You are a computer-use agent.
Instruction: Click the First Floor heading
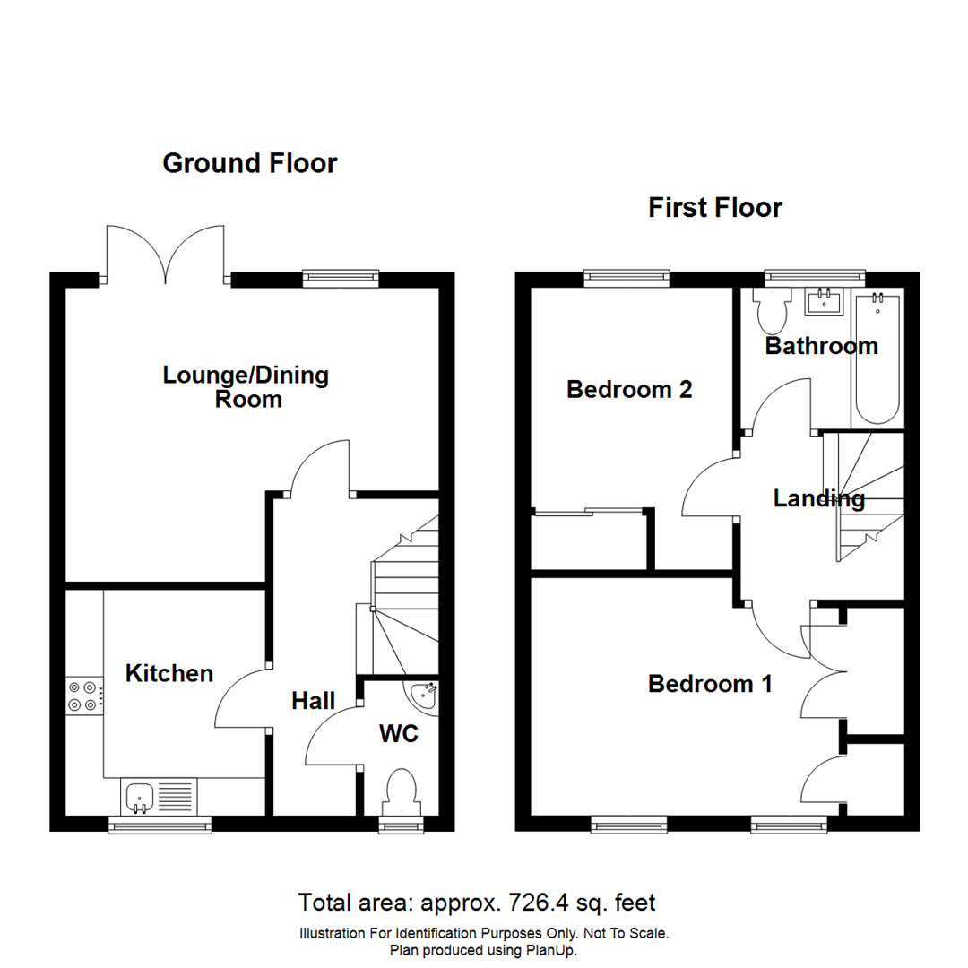click(x=715, y=208)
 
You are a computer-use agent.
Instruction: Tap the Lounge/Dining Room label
click(x=246, y=387)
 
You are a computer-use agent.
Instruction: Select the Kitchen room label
click(x=169, y=673)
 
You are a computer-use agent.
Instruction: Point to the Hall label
click(x=313, y=700)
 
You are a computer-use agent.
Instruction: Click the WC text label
click(x=399, y=734)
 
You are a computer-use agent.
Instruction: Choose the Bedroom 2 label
click(x=629, y=390)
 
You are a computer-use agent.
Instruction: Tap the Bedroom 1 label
click(x=710, y=684)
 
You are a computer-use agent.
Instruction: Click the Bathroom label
click(x=821, y=346)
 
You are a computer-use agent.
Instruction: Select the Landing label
click(x=818, y=498)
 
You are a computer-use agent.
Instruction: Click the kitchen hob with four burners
click(x=82, y=696)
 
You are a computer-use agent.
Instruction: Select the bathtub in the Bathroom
click(x=877, y=359)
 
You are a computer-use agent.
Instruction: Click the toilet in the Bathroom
click(x=771, y=309)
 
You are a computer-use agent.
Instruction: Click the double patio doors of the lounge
click(x=165, y=255)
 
